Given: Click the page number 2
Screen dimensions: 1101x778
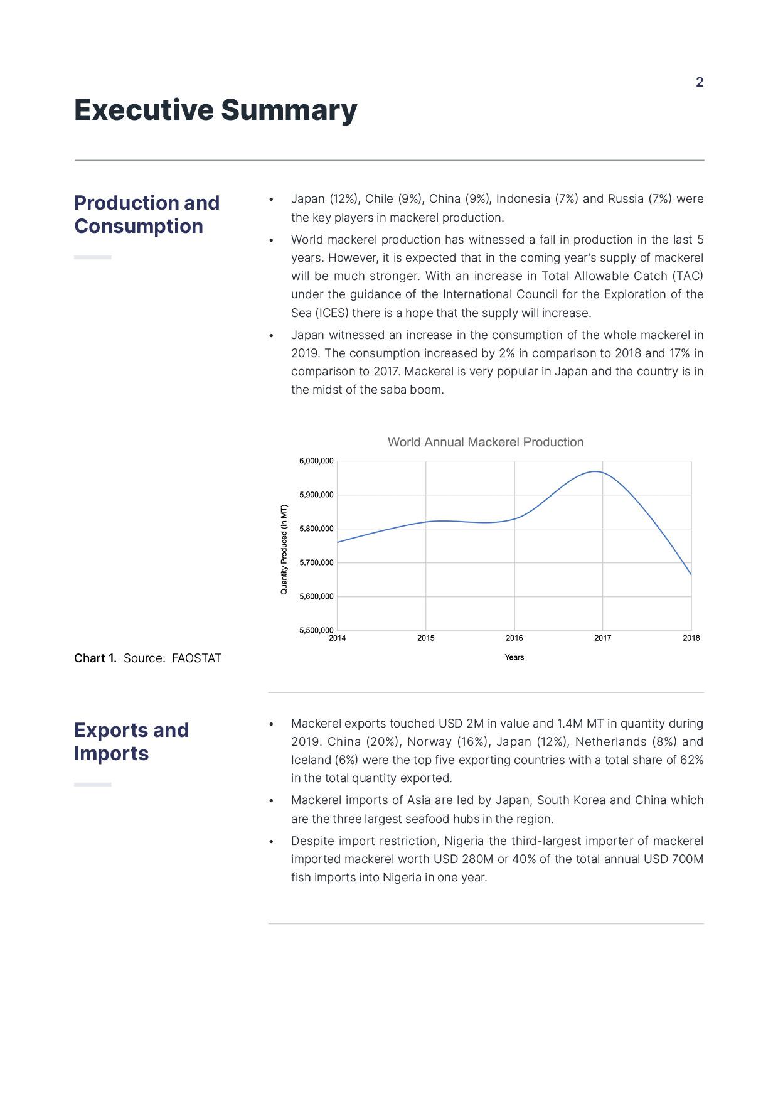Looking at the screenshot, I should (x=700, y=82).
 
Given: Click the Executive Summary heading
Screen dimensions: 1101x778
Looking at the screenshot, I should (x=215, y=110).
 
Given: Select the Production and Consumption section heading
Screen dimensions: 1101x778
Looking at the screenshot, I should (x=147, y=214).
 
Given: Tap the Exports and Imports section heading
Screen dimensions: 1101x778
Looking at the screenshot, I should (x=131, y=741).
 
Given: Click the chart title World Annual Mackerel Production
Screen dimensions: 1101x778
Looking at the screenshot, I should (x=485, y=442).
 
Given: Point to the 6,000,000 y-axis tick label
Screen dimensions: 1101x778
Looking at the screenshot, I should (x=316, y=461).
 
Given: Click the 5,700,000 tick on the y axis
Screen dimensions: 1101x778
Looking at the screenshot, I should (x=316, y=562).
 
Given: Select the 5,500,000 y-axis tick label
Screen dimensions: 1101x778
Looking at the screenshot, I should (x=316, y=630).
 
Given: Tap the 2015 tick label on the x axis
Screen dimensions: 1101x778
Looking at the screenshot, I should (x=425, y=638).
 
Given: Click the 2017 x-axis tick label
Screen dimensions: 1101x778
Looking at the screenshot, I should (x=602, y=638).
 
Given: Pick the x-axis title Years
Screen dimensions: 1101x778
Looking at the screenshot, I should (x=514, y=657).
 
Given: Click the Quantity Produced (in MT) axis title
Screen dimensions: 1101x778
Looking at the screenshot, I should (x=284, y=549).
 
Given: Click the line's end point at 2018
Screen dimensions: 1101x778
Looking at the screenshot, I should (x=691, y=574).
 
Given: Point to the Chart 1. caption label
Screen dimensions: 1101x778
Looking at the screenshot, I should (x=95, y=658).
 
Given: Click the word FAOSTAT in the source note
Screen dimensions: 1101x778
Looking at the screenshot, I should (x=196, y=658).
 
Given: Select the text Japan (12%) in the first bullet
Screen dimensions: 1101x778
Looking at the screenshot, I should (x=325, y=199).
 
